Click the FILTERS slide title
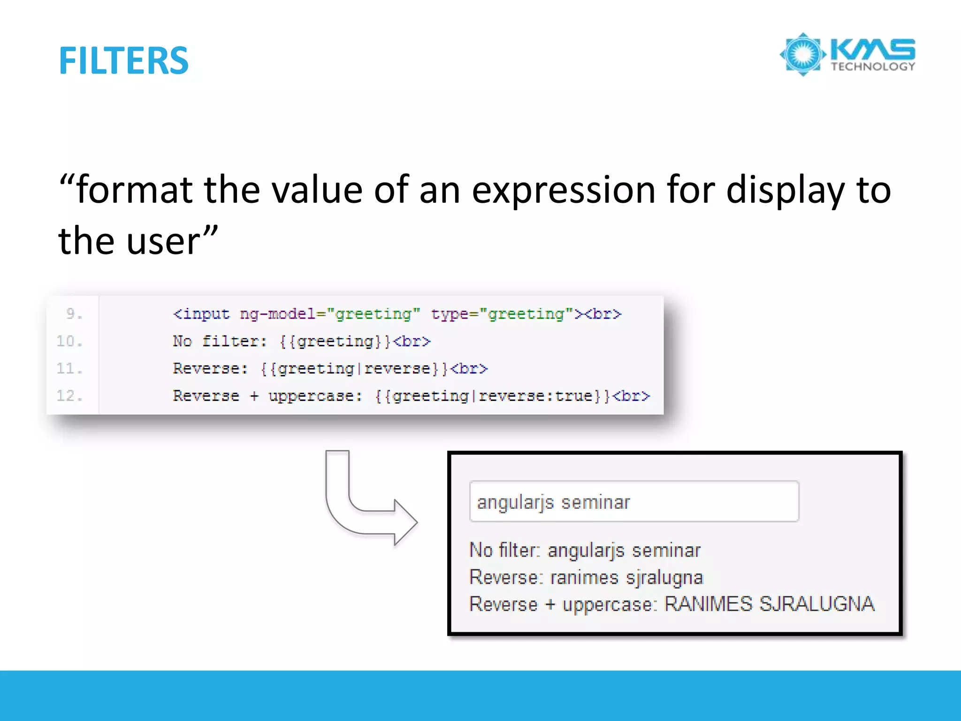click(123, 61)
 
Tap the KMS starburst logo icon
click(803, 54)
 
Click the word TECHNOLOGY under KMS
click(873, 67)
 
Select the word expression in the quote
click(563, 191)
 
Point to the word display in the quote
click(785, 191)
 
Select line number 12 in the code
click(69, 396)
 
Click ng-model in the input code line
click(277, 314)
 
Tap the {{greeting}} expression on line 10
click(335, 341)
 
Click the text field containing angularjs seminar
click(633, 502)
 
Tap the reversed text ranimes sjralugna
click(626, 577)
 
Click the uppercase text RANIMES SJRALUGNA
click(770, 604)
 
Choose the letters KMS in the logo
click(873, 49)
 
